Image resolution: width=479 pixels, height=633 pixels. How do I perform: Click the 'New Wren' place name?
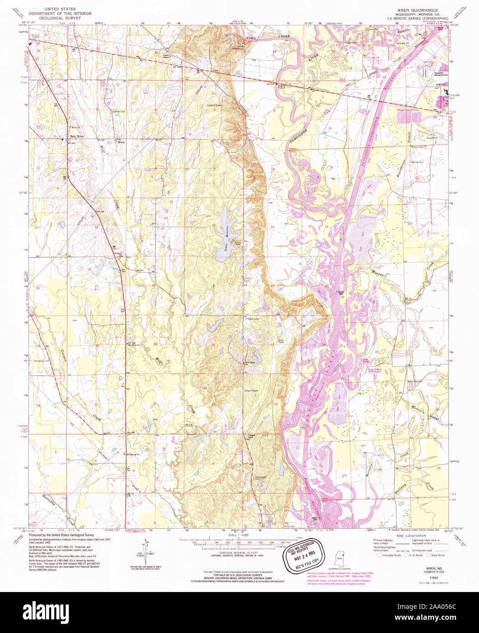(x=76, y=136)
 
